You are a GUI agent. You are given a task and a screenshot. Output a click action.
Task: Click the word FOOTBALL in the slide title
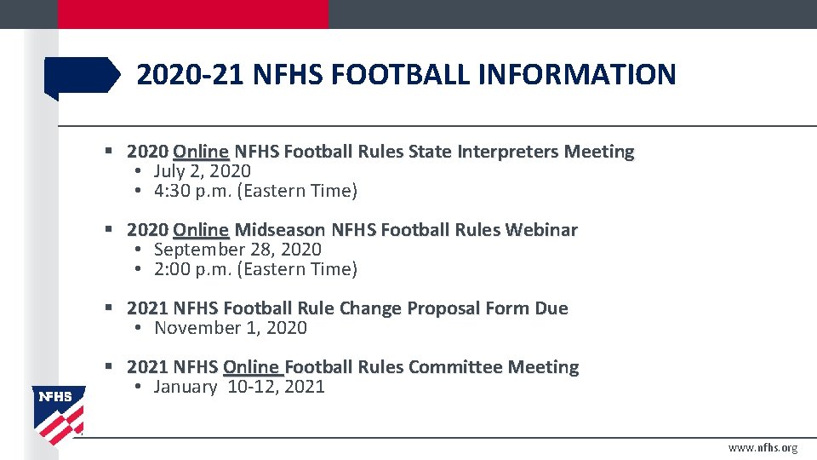[x=399, y=76]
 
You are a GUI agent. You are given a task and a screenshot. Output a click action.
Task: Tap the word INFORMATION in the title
[x=577, y=76]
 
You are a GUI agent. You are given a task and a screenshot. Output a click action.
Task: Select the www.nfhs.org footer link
[x=763, y=448]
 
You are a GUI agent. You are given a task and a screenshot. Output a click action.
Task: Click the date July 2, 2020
[x=202, y=171]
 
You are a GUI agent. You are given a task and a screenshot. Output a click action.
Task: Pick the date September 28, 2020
[x=237, y=250]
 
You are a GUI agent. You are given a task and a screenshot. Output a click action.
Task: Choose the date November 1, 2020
[x=230, y=328]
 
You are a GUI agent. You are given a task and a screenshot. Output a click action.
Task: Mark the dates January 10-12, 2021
[x=239, y=387]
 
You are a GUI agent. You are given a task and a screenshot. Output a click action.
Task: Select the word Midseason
[x=279, y=230]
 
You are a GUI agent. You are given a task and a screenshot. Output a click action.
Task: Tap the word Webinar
[x=542, y=230]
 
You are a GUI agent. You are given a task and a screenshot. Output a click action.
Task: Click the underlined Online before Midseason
[x=201, y=230]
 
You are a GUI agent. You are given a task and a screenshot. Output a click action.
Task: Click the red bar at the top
[x=193, y=14]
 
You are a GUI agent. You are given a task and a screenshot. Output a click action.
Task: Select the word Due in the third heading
[x=551, y=308]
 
